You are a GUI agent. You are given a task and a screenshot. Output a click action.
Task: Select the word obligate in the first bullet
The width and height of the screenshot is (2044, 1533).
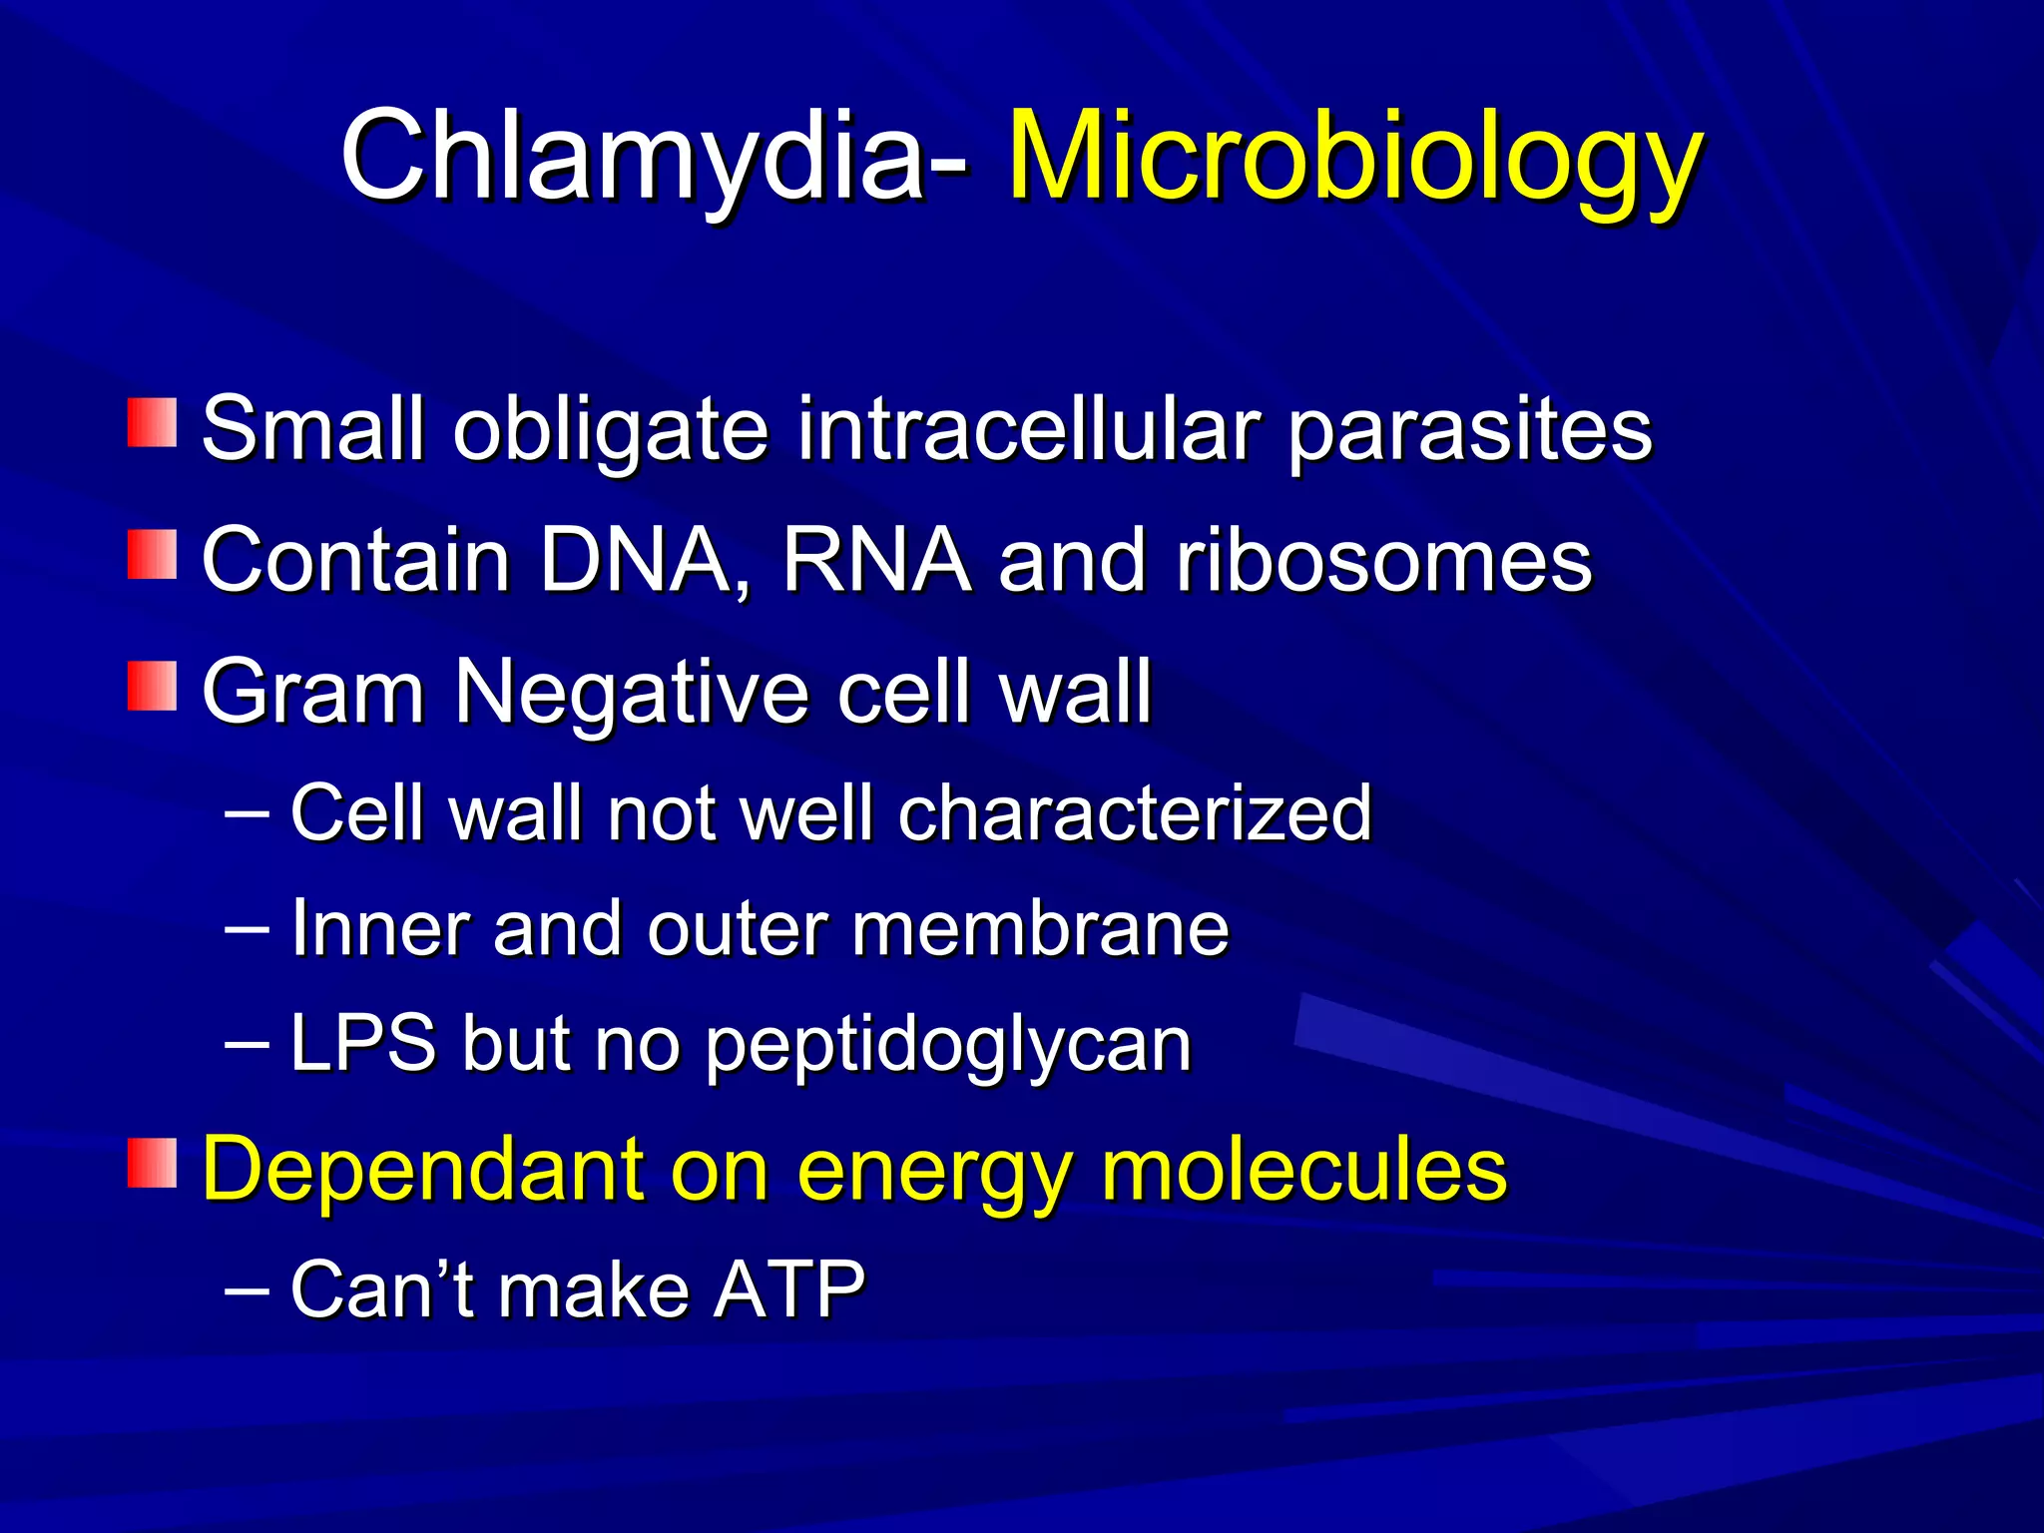click(611, 431)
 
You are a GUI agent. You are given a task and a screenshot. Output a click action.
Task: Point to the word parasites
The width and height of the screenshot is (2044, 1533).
click(1469, 431)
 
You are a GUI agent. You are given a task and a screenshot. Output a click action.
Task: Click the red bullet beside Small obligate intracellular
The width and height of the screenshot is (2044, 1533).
click(152, 423)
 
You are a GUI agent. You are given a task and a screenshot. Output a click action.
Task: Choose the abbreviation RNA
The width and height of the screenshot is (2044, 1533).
click(876, 561)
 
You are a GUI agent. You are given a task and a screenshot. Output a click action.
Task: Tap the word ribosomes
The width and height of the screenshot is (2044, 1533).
click(1383, 561)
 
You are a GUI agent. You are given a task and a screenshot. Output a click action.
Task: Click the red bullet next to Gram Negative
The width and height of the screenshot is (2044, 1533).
click(152, 686)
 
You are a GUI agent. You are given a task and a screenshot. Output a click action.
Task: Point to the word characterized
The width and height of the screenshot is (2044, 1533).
click(1135, 813)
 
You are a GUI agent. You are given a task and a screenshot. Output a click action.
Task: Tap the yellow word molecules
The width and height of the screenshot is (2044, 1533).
click(1302, 1170)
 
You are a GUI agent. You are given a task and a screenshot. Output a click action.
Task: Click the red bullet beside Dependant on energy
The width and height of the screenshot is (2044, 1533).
click(152, 1163)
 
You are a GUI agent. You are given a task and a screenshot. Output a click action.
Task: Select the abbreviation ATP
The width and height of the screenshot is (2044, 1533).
click(788, 1290)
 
